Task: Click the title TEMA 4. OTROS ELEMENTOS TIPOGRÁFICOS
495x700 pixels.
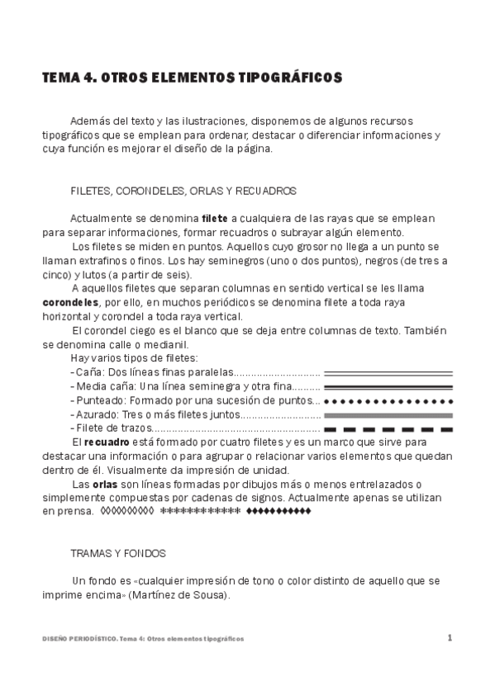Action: pyautogui.click(x=192, y=78)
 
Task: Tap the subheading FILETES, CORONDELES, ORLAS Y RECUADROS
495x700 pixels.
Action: pyautogui.click(x=183, y=191)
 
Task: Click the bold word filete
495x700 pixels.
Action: pyautogui.click(x=215, y=218)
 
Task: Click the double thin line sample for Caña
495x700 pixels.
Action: pyautogui.click(x=388, y=372)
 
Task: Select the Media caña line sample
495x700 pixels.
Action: pyautogui.click(x=388, y=386)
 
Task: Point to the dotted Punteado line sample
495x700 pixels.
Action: pyautogui.click(x=388, y=400)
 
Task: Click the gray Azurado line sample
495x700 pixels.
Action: pyautogui.click(x=388, y=414)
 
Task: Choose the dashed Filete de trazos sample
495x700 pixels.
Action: pyautogui.click(x=388, y=429)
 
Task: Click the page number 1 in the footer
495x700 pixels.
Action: pyautogui.click(x=450, y=637)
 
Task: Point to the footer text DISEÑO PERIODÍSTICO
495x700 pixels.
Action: pyautogui.click(x=79, y=639)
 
